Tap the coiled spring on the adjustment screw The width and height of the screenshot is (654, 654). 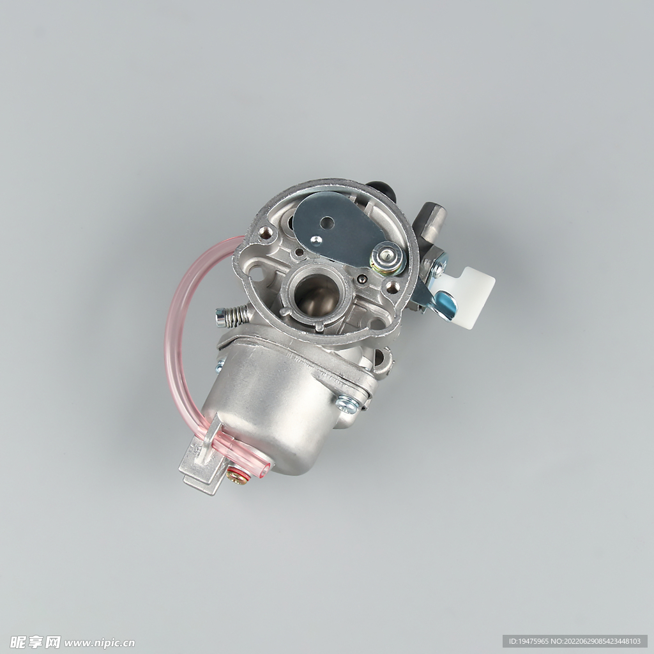pos(238,316)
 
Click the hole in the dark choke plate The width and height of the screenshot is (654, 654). pos(328,223)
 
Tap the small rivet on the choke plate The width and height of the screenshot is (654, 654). pos(316,240)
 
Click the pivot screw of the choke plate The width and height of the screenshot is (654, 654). pos(388,257)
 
